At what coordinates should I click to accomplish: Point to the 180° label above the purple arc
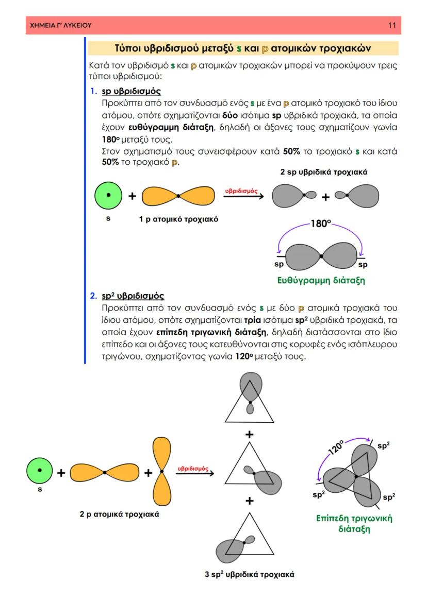pos(320,225)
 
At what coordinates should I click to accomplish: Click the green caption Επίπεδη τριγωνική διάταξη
pos(354,523)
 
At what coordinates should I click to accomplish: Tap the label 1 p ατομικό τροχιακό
pos(178,219)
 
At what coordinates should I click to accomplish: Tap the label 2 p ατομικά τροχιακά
pos(119,514)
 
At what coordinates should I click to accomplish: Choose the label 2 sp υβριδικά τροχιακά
pos(324,172)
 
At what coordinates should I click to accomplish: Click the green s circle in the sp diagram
pos(108,196)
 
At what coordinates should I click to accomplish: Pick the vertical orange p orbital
pos(161,471)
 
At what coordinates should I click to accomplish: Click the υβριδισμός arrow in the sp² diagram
pos(194,472)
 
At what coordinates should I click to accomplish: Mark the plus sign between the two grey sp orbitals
pos(326,197)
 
